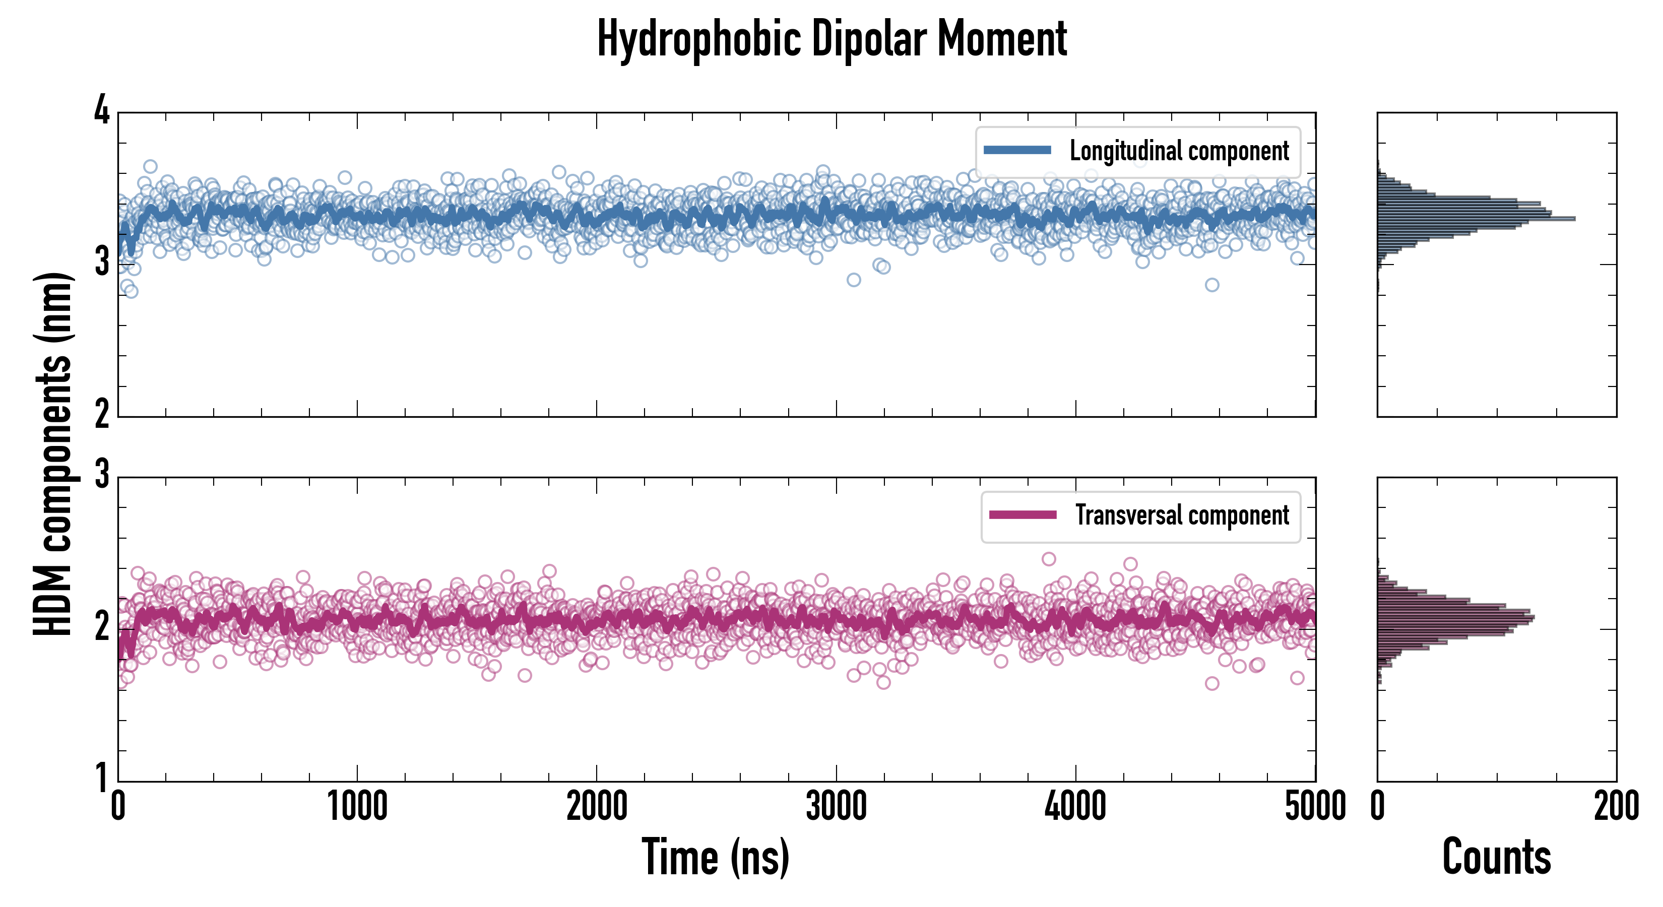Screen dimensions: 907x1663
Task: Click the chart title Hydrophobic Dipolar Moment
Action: (831, 39)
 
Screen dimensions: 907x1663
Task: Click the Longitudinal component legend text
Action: (1179, 151)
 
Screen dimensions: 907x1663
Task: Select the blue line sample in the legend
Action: (1017, 151)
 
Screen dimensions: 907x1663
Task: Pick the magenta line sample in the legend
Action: (1022, 515)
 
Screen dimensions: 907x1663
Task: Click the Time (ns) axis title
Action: (715, 857)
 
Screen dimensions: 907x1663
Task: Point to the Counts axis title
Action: (1496, 857)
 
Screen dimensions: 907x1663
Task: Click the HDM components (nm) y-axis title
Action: (53, 454)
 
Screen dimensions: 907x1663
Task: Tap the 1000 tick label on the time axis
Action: (357, 806)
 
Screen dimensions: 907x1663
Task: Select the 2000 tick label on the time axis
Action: (597, 806)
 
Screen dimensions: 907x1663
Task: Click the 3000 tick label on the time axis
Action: (836, 806)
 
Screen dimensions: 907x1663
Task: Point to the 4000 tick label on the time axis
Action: (1075, 806)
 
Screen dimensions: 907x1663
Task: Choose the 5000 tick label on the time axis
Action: (1315, 806)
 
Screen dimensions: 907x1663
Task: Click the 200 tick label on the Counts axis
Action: (1616, 806)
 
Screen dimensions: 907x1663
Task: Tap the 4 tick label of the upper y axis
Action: (102, 111)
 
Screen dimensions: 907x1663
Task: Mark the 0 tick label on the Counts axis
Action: (1378, 806)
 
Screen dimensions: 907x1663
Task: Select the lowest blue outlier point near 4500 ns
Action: (1212, 285)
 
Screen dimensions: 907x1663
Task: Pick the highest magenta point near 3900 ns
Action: (1049, 559)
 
